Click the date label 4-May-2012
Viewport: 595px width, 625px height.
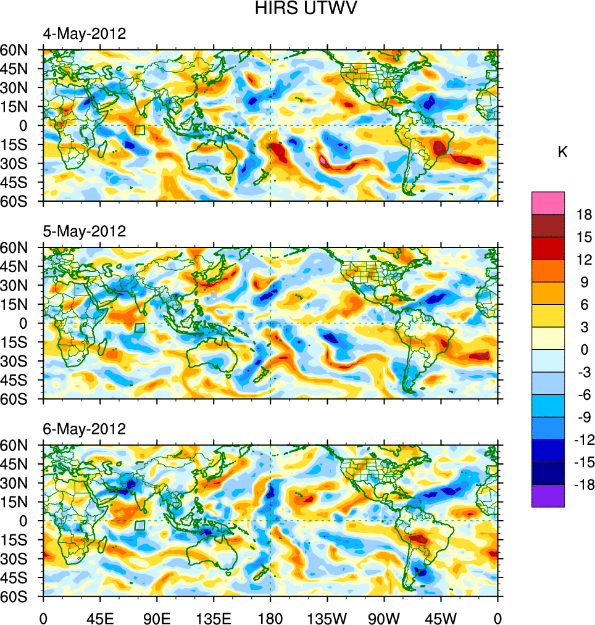[x=84, y=34]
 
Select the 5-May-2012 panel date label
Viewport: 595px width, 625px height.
[x=84, y=231]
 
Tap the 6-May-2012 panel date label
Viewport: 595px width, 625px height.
[x=84, y=429]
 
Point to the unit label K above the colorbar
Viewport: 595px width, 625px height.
[x=562, y=152]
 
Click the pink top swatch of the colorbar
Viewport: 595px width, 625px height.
[x=548, y=202]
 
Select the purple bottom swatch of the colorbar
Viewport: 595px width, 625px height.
[x=548, y=495]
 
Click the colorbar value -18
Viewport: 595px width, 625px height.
[x=583, y=485]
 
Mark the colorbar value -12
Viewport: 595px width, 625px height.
[x=583, y=440]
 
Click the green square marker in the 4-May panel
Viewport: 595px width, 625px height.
[x=139, y=130]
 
